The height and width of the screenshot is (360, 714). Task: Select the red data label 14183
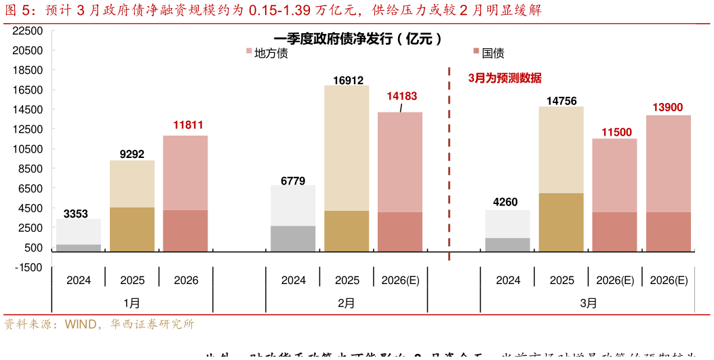(x=402, y=96)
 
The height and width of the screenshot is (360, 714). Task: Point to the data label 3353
(x=75, y=214)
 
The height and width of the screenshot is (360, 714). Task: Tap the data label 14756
(x=561, y=101)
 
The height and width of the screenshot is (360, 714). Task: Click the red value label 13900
(x=668, y=107)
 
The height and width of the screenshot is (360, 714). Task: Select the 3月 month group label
(x=589, y=303)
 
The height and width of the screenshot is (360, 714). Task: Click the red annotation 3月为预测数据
(x=505, y=78)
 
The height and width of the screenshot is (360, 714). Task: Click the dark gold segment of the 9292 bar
(x=132, y=230)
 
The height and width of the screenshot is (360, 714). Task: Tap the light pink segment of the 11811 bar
(x=185, y=173)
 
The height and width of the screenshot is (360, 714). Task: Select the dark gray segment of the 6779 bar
(x=293, y=239)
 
